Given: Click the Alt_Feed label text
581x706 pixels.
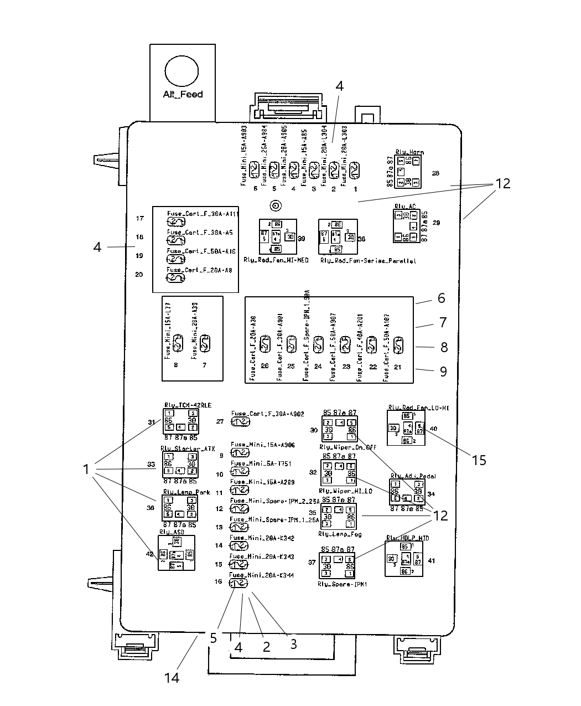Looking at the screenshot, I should tap(183, 95).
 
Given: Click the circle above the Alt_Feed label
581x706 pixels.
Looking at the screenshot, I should tap(181, 72).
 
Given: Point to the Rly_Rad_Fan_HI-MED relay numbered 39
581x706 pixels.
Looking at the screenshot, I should tap(278, 237).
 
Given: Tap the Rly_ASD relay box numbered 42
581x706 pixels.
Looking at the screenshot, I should tap(177, 553).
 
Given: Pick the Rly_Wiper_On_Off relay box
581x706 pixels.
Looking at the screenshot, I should tap(339, 429).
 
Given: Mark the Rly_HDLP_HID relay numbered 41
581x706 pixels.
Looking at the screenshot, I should tap(407, 558).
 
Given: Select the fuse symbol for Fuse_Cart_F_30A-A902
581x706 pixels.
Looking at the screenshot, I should tap(240, 422).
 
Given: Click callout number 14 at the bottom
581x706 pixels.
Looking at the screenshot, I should tap(172, 676).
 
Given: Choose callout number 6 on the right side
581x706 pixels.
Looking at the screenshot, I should tap(441, 298).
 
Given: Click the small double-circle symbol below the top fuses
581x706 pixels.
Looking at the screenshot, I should tap(275, 207).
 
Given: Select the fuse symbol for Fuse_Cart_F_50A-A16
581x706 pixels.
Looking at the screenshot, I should tap(176, 259).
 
